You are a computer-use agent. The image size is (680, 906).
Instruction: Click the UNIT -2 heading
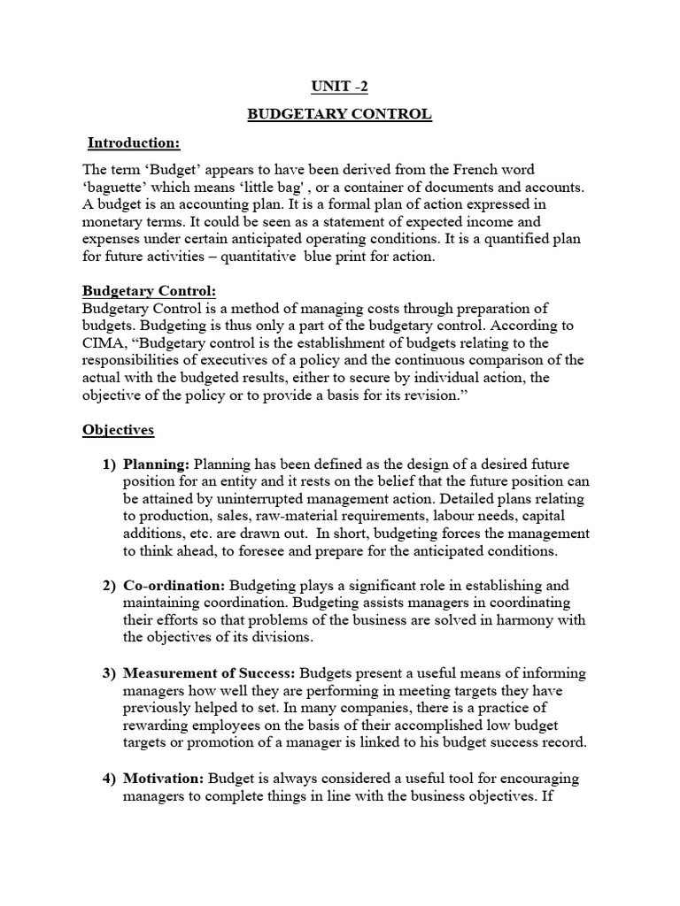pos(339,88)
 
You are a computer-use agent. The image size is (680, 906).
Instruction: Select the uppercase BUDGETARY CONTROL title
pos(339,115)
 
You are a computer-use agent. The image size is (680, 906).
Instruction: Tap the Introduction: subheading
pos(133,142)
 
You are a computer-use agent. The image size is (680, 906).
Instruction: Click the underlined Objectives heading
pos(118,431)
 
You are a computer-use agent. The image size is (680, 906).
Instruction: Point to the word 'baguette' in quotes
pos(116,187)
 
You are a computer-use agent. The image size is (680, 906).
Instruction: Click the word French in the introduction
pos(469,169)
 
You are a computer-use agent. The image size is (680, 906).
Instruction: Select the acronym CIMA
pos(104,342)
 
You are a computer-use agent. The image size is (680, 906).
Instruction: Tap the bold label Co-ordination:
pos(174,586)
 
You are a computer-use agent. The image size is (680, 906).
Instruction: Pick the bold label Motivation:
pos(163,779)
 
